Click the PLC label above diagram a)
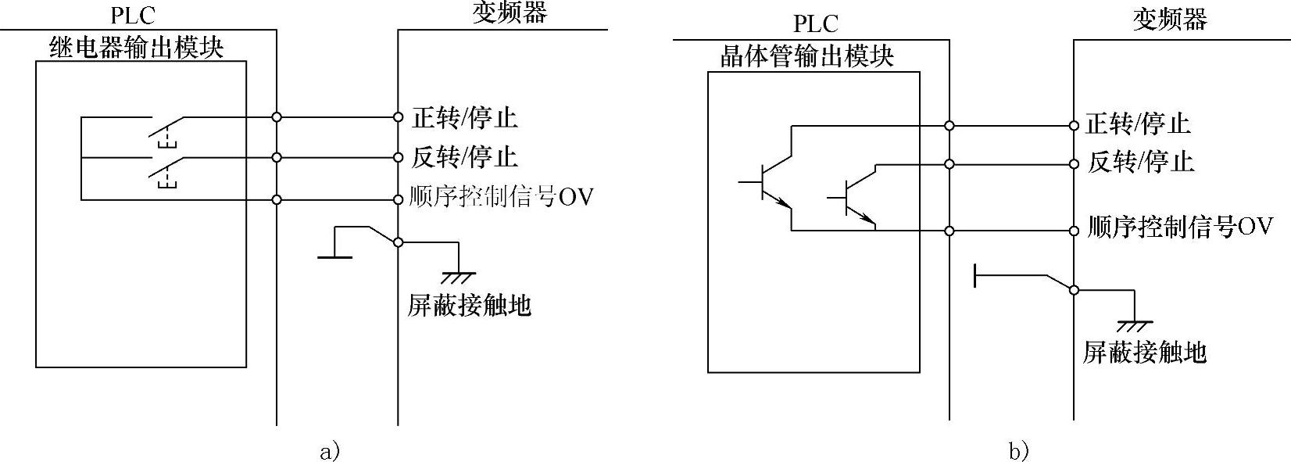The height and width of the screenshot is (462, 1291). pos(133,15)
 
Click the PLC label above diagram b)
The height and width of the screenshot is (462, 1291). pos(815,24)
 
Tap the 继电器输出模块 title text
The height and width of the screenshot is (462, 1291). pos(136,48)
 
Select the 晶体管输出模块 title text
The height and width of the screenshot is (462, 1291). pos(806,56)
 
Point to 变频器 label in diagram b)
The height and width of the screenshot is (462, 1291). pos(1170,19)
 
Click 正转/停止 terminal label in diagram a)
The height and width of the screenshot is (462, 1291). pos(465,118)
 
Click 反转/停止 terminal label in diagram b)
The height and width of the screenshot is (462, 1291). pos(1141,163)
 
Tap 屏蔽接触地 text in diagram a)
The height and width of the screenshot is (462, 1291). pos(469,306)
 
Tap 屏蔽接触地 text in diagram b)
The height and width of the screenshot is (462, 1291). pos(1144,353)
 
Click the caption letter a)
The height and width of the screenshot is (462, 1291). pos(330,451)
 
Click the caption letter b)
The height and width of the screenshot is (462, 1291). pos(1018,451)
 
